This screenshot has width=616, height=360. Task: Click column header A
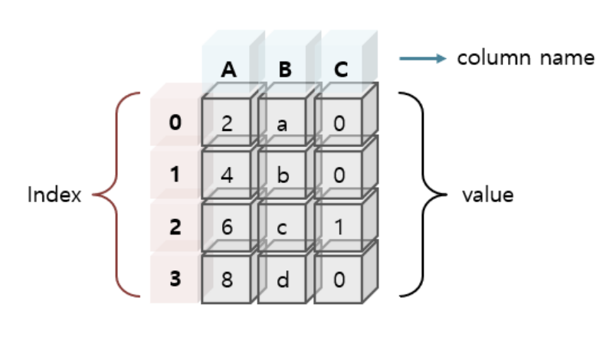click(x=228, y=70)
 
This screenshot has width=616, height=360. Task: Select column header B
click(x=285, y=70)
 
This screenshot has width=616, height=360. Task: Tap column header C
click(x=341, y=70)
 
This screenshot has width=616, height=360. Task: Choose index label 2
click(x=175, y=227)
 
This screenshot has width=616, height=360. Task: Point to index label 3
click(x=175, y=279)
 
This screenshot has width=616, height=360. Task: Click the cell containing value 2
click(x=227, y=123)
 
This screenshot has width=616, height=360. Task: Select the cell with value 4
click(x=227, y=175)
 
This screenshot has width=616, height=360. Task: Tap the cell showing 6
click(x=227, y=227)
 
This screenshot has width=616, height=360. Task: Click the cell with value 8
click(x=227, y=279)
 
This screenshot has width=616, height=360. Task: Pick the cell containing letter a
click(x=282, y=123)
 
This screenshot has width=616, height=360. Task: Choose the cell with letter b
click(x=282, y=175)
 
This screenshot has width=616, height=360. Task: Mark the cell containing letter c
click(x=282, y=227)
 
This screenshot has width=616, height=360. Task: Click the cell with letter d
click(x=282, y=279)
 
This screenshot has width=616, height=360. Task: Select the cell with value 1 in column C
click(x=339, y=227)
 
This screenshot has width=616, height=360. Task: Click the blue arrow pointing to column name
click(x=422, y=58)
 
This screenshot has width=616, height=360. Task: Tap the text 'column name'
click(x=526, y=58)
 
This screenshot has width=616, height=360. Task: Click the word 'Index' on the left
click(x=54, y=195)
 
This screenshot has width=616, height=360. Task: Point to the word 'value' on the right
click(x=487, y=195)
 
